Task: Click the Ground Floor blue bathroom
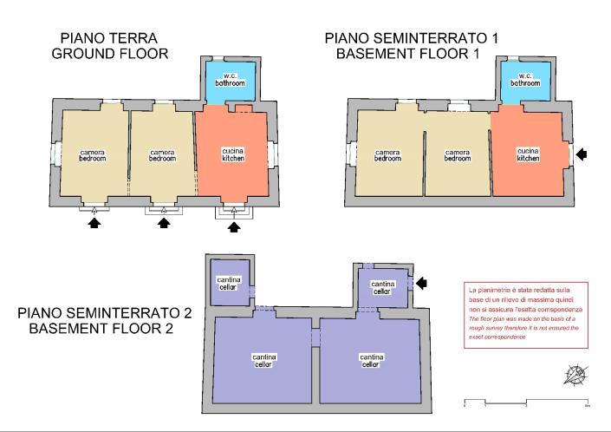click(x=231, y=81)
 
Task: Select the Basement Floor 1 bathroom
click(x=524, y=81)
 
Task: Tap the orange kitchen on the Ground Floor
click(x=233, y=154)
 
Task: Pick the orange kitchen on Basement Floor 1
click(x=529, y=154)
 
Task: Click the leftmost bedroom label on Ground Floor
click(x=93, y=155)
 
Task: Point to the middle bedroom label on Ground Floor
click(x=162, y=155)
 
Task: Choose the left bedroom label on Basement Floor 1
click(x=387, y=155)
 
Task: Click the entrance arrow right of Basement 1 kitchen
click(x=586, y=154)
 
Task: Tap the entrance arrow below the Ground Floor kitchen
click(x=232, y=226)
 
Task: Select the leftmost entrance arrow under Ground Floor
click(x=94, y=224)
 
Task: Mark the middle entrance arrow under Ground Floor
click(x=163, y=224)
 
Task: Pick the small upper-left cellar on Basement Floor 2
click(x=230, y=282)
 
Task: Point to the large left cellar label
click(x=264, y=360)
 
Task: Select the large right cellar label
click(x=372, y=360)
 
